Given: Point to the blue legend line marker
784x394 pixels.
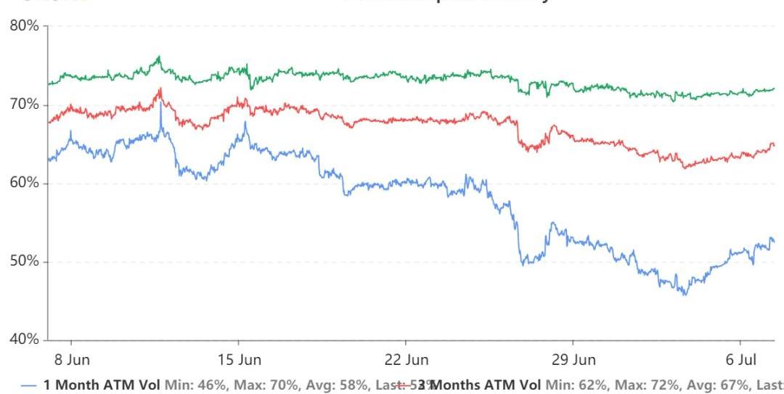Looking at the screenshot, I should click(x=30, y=385).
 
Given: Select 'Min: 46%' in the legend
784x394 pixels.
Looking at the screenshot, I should click(x=187, y=384).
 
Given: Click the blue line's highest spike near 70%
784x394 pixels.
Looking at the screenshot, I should click(x=160, y=106).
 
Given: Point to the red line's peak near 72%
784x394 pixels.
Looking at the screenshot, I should click(x=160, y=89).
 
